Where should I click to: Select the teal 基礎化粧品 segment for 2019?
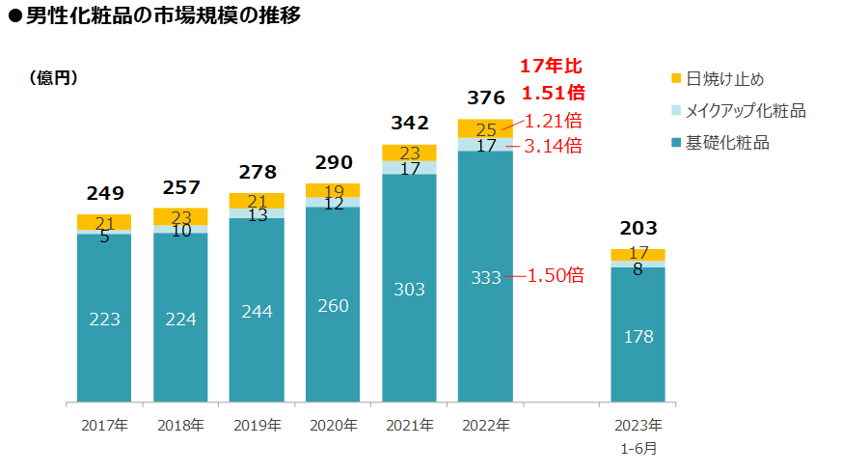tap(257, 309)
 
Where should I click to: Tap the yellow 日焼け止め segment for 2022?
tap(485, 128)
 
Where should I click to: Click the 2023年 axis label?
tap(638, 425)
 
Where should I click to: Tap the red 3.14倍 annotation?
tap(553, 146)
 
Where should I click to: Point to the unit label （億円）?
tap(54, 78)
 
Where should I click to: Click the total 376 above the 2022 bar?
tap(485, 98)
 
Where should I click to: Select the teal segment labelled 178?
tap(638, 336)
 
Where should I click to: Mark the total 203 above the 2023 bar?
tap(638, 229)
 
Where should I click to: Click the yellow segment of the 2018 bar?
tap(180, 216)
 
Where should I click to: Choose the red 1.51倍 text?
tap(553, 94)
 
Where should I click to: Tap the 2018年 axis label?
tap(180, 425)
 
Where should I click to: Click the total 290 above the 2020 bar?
tap(333, 162)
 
